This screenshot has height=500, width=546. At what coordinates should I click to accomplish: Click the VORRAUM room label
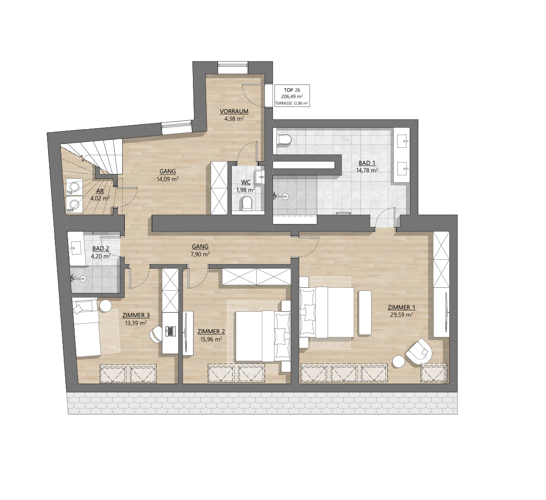point(234,111)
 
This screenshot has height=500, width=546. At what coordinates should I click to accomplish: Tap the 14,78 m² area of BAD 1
point(367,170)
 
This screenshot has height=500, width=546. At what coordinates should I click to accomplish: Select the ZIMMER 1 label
point(402,307)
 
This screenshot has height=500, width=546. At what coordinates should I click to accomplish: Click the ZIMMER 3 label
point(136,315)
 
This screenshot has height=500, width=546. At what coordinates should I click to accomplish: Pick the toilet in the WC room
point(246,203)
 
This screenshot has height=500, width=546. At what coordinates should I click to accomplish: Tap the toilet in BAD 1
point(284,139)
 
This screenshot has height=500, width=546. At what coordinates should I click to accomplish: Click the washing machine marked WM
point(75,204)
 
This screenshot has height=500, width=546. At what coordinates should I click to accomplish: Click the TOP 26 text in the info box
point(292,90)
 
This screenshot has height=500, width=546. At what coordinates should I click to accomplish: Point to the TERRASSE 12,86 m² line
point(292,104)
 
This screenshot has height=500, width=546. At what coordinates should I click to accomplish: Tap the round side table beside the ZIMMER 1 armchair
point(398,361)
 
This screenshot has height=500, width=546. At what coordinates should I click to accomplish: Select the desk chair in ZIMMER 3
point(156,334)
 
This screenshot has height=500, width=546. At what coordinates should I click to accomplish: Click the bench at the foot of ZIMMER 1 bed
point(365,313)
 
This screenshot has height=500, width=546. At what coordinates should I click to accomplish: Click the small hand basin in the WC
point(260,177)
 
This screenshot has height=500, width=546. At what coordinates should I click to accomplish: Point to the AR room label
point(100,191)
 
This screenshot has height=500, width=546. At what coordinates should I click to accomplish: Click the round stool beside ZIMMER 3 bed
point(105,306)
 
